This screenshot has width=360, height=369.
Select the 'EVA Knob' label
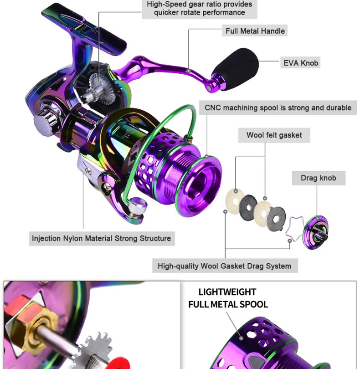pos(301,63)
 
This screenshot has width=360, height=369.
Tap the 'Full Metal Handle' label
pos(255,31)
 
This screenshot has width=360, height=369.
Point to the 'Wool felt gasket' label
pos(274,135)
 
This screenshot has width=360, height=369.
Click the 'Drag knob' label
pos(318,178)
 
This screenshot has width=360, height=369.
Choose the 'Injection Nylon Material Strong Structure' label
pos(101,238)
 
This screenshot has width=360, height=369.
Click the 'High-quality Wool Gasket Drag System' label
pos(224,266)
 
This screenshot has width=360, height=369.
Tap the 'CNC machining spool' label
pos(278,108)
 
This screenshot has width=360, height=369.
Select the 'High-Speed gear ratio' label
pos(199,8)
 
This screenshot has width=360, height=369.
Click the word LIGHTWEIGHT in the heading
pos(227,292)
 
